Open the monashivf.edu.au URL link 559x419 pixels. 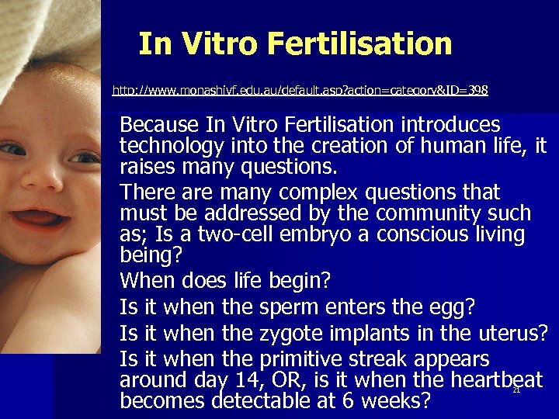[x=300, y=91]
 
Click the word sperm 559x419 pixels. [x=290, y=308]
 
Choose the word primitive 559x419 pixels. [x=306, y=360]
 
